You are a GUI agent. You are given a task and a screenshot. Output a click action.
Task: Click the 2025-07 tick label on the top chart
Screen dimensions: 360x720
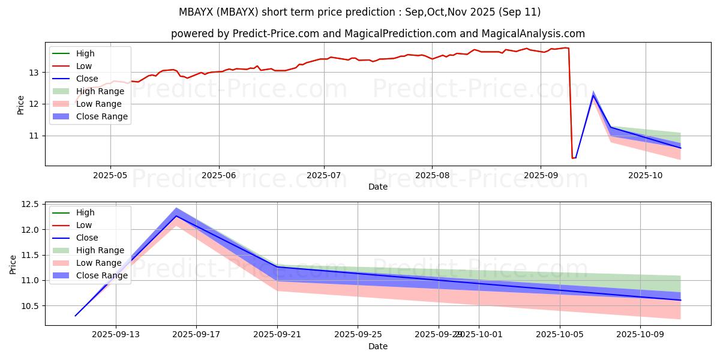point(324,175)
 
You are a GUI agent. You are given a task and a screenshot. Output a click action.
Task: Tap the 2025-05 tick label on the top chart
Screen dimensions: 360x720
point(110,175)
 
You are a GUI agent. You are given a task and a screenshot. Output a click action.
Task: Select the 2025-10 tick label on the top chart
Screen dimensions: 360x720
point(646,175)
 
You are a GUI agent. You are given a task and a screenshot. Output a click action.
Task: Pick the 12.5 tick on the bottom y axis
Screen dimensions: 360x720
point(31,205)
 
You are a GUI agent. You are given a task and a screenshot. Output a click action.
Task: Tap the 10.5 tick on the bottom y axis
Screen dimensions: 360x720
point(31,306)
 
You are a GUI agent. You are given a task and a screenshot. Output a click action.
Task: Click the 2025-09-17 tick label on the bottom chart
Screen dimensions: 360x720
point(196,334)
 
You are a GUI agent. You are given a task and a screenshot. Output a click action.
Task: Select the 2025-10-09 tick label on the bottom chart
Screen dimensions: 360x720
point(641,334)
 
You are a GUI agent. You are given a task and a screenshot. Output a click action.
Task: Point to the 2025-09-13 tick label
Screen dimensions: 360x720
point(116,334)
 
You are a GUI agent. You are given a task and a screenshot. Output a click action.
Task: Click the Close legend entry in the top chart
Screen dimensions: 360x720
point(88,79)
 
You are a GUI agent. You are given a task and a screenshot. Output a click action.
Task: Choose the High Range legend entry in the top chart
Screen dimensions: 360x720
point(100,91)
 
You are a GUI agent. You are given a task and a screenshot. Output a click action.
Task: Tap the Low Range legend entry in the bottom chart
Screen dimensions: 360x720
point(99,263)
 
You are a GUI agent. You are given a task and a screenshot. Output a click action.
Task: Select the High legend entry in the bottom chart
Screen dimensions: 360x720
point(85,212)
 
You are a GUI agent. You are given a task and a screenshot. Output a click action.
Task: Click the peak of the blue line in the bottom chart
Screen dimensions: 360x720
point(176,215)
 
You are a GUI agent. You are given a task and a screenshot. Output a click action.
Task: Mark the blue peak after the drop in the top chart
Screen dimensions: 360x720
point(593,95)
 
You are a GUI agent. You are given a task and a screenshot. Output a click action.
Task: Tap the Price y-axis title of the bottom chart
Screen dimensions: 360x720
point(14,264)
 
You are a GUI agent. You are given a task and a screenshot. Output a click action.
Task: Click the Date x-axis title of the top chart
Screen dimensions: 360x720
point(378,187)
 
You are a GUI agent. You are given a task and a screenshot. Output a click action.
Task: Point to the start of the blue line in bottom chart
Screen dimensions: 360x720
point(75,316)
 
